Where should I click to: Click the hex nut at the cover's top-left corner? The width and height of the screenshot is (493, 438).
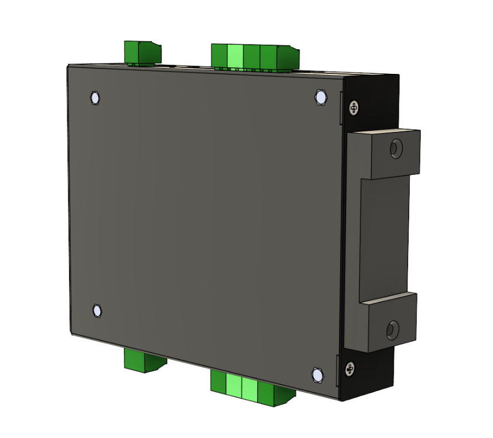94,98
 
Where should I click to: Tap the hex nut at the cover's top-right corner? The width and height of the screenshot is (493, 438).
320,97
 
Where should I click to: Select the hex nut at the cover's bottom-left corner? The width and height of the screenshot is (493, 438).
97,310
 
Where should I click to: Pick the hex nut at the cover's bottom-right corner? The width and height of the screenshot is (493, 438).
317,375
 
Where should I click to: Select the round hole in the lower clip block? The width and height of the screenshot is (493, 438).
392,330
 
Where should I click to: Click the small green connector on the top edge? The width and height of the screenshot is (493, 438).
142,53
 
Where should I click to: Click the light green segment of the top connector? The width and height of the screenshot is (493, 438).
234,56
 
